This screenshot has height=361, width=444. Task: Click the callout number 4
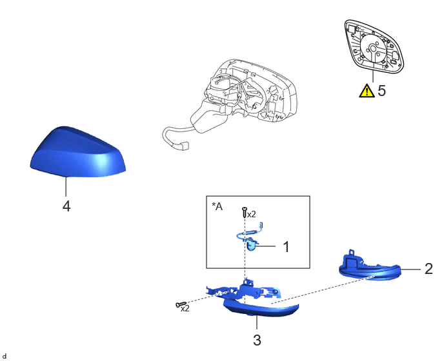[x=66, y=206]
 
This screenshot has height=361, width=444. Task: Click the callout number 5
[x=381, y=90]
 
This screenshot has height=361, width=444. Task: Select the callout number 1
[x=287, y=247]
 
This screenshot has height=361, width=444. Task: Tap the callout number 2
[x=429, y=269]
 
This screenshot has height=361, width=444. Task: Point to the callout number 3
[x=257, y=340]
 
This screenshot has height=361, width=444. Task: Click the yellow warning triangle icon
[x=367, y=90]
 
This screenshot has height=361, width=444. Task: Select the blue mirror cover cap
[x=77, y=152]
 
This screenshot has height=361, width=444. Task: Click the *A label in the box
[x=217, y=206]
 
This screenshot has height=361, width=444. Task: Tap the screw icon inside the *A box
[x=245, y=212]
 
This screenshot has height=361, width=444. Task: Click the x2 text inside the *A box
[x=252, y=215]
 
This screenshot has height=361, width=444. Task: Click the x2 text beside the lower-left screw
[x=185, y=309]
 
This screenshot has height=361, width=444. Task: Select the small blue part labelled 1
[x=252, y=244]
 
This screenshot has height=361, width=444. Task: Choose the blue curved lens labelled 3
[x=261, y=308]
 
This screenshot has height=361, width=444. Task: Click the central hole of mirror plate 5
[x=373, y=48]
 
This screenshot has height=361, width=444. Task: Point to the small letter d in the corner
[x=5, y=356]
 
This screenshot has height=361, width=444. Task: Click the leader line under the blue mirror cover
[x=66, y=187]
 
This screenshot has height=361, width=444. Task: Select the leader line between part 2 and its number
[x=411, y=269]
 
